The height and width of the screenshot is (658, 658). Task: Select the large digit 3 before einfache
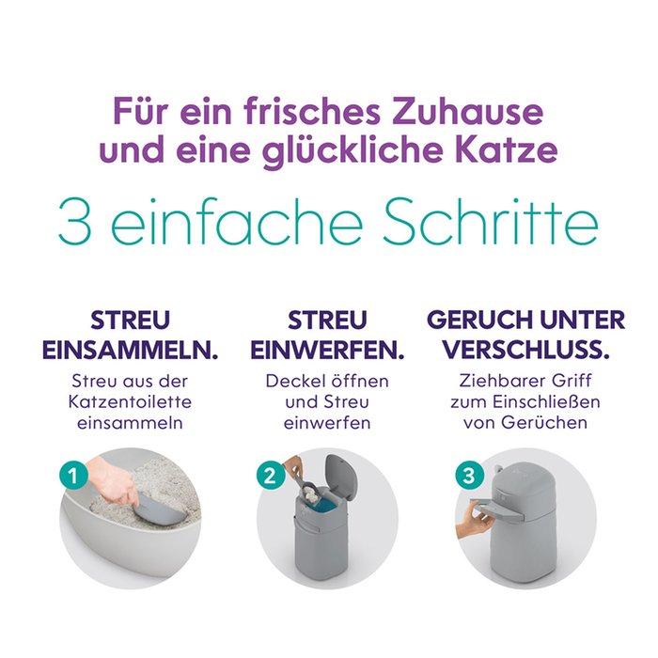click(x=74, y=223)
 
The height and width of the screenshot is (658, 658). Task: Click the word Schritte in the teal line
click(x=491, y=222)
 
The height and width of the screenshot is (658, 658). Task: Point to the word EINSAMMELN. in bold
click(x=131, y=351)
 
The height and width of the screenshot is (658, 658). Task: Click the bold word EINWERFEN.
click(x=327, y=351)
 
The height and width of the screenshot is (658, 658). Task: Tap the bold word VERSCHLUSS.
click(x=526, y=351)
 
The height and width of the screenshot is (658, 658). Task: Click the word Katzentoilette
click(x=130, y=402)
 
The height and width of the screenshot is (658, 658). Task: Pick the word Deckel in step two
click(x=291, y=381)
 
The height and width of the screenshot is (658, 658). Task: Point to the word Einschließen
click(x=546, y=402)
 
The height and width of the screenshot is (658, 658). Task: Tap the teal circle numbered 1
click(x=73, y=476)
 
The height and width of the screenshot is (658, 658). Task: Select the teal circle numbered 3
click(x=470, y=476)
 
